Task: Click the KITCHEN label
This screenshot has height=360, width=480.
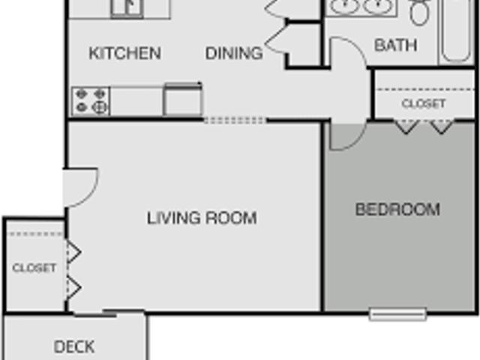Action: click(124, 53)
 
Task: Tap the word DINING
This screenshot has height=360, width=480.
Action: click(234, 53)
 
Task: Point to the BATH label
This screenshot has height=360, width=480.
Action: click(395, 46)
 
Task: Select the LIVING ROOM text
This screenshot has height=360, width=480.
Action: click(202, 218)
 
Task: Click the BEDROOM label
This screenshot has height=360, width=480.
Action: click(397, 209)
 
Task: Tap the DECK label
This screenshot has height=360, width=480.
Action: click(74, 346)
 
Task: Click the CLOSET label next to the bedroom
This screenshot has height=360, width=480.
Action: click(424, 103)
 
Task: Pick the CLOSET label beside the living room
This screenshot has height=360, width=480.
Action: click(34, 268)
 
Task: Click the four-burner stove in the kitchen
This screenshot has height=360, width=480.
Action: click(91, 101)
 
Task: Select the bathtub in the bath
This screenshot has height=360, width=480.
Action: click(457, 31)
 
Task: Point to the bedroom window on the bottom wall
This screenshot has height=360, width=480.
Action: click(397, 313)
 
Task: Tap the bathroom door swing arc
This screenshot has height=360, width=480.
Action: click(346, 56)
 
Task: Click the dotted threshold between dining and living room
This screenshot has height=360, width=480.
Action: click(234, 120)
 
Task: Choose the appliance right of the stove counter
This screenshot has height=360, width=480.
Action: click(183, 100)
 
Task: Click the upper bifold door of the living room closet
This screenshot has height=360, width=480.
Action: click(73, 252)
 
